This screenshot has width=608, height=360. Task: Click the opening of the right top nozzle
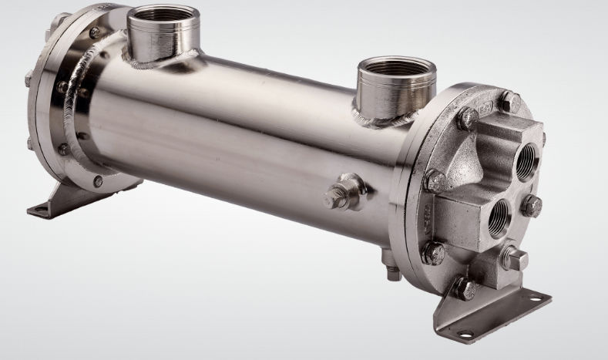pyautogui.click(x=397, y=68)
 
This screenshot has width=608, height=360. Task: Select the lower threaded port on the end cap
pyautogui.click(x=499, y=218)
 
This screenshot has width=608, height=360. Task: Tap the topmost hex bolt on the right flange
pyautogui.click(x=509, y=101)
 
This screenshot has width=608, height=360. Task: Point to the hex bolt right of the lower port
pyautogui.click(x=532, y=205)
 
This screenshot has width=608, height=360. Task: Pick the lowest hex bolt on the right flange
pyautogui.click(x=464, y=289)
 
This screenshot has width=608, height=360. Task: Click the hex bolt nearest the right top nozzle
pyautogui.click(x=467, y=118)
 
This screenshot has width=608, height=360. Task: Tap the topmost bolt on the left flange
pyautogui.click(x=94, y=32)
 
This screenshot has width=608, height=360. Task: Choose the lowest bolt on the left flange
pyautogui.click(x=98, y=182)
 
